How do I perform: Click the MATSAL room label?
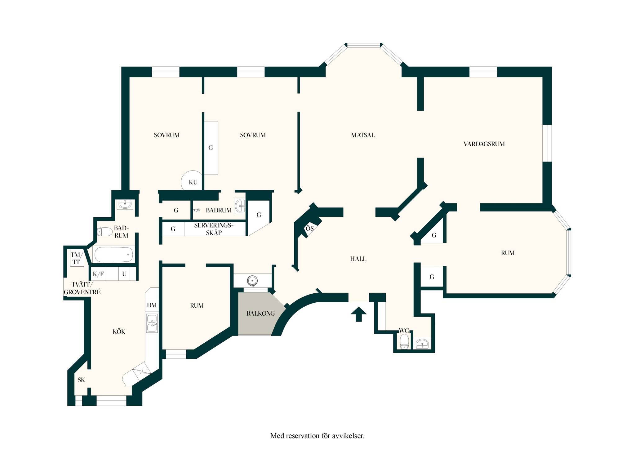point(363,135)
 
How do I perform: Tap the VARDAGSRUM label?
point(484,144)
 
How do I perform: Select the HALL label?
point(358,259)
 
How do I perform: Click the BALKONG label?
point(260,313)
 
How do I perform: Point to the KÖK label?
point(119,331)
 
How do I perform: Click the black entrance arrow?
point(358,314)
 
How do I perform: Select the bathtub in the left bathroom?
point(114,254)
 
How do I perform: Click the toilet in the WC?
point(404,341)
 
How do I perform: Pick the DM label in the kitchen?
point(152,305)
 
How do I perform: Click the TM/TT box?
point(77,258)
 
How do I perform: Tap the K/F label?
point(98,274)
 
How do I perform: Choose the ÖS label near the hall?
point(309,228)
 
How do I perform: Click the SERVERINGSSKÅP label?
point(213,229)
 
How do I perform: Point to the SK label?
point(81,380)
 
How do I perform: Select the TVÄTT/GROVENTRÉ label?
point(82,288)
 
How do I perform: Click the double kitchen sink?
point(152,323)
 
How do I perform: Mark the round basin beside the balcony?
point(253,281)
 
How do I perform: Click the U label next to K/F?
point(124,274)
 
